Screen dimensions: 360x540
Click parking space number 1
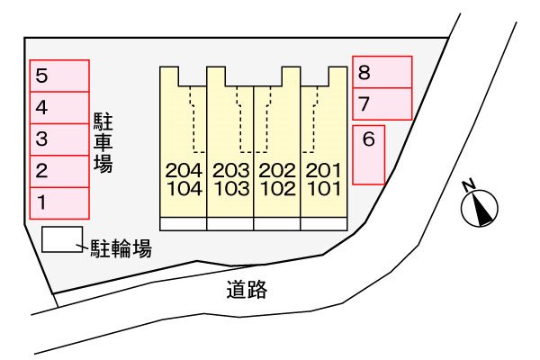[59, 202]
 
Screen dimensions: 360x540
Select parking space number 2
[59, 170]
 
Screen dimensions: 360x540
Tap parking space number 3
[59, 139]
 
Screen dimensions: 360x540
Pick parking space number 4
[59, 107]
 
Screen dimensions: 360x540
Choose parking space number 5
[59, 76]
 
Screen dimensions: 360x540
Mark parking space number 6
[368, 155]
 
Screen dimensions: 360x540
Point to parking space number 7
[382, 103]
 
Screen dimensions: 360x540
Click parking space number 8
[382, 72]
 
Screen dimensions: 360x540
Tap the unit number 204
[184, 170]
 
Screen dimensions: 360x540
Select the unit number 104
[184, 189]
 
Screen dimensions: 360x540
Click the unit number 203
[230, 170]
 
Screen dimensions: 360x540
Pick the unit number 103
[230, 189]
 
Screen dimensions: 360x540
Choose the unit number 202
[277, 170]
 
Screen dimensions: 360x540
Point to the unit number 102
[277, 189]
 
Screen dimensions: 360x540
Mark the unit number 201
[324, 170]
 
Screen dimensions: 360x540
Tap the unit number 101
[324, 189]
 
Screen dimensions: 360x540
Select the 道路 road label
[247, 290]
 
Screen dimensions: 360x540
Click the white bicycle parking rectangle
[60, 239]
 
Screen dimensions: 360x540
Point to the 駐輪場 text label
[120, 248]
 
